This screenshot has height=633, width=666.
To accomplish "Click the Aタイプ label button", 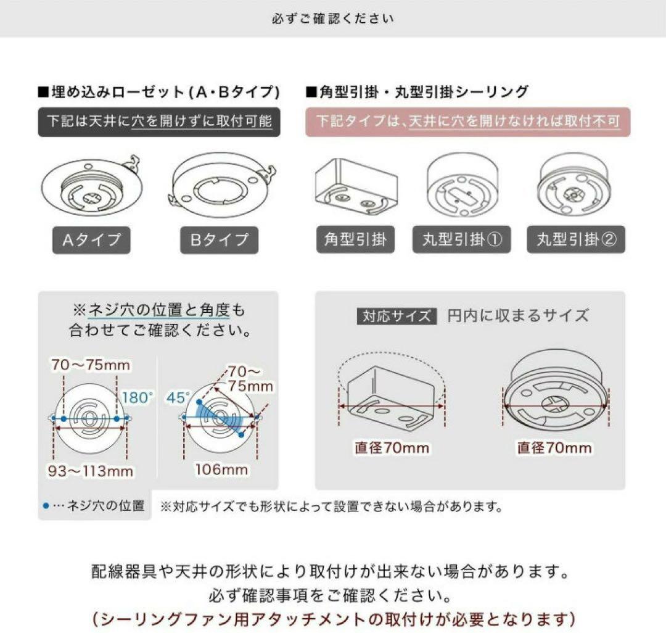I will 91,239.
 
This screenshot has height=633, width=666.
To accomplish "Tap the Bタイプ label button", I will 219,239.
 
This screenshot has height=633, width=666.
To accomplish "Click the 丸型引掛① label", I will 462,239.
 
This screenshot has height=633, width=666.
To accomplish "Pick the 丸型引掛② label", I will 576,239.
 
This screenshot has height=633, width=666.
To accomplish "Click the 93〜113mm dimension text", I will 91,471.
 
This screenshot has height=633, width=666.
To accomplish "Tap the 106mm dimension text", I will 221,470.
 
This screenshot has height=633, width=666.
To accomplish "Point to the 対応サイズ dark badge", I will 397,316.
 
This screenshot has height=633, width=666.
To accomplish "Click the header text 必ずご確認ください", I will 332,19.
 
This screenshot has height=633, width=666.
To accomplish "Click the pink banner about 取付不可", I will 467,122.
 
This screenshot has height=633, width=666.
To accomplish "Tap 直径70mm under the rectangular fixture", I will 392,447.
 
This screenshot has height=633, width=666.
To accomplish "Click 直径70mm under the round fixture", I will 554,447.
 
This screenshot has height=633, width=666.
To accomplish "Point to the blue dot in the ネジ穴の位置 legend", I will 46,506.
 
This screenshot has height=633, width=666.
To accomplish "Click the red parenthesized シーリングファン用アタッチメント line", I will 333,618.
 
